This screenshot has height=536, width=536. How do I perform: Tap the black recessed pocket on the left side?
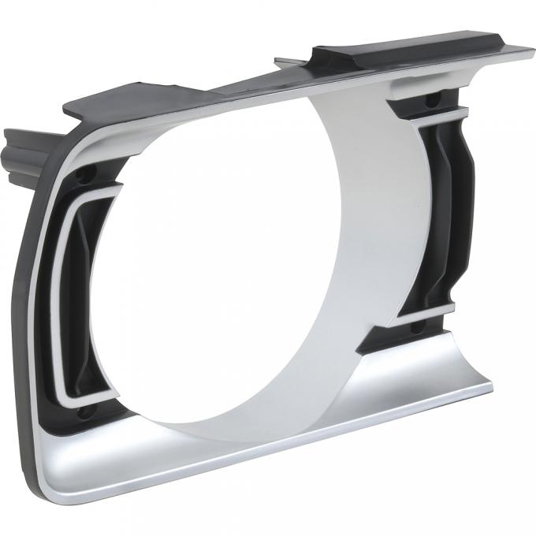click(79, 315)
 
